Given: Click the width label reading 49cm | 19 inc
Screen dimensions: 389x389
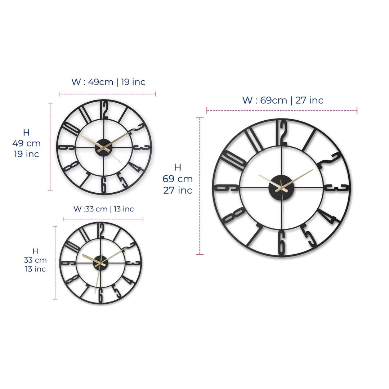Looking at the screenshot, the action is (x=108, y=82).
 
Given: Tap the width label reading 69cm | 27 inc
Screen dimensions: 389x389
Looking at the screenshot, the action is (x=283, y=100).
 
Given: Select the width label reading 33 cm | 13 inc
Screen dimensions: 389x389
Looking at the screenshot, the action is (x=104, y=209).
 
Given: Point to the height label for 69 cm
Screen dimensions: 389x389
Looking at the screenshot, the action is (x=178, y=179).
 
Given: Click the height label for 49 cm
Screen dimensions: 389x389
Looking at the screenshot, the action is (x=26, y=143).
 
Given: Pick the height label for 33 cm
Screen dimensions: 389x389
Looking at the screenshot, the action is (x=35, y=260).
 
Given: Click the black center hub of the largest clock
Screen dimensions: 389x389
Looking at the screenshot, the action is (x=281, y=188).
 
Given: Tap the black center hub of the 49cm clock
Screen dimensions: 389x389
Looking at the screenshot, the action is (x=103, y=148).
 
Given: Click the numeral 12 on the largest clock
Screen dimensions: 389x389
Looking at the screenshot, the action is (x=282, y=133).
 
